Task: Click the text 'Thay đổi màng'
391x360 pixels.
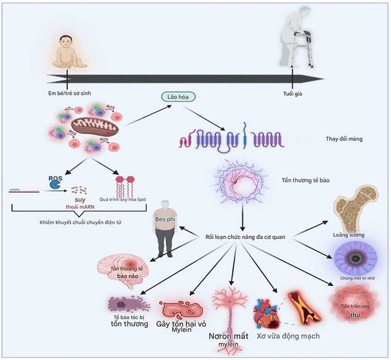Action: tap(345, 139)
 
